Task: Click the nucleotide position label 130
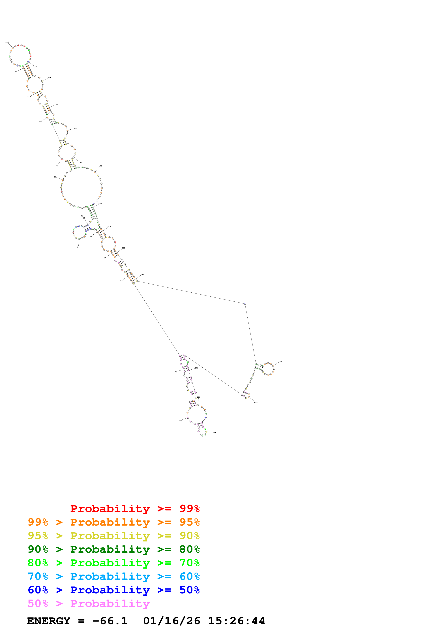click(x=7, y=42)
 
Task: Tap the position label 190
click(x=100, y=166)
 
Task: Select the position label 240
click(x=280, y=361)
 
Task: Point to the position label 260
click(x=256, y=402)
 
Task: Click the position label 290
click(x=215, y=432)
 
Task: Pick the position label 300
click(x=180, y=421)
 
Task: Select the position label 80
click(x=55, y=177)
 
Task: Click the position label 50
click(x=78, y=247)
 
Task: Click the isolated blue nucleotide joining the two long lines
click(x=245, y=304)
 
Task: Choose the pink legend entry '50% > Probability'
click(x=88, y=604)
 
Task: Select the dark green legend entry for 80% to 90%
click(x=114, y=549)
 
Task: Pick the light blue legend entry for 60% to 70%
click(x=114, y=577)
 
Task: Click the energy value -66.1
click(x=110, y=621)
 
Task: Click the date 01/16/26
click(x=172, y=621)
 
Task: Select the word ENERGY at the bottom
click(x=49, y=621)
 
